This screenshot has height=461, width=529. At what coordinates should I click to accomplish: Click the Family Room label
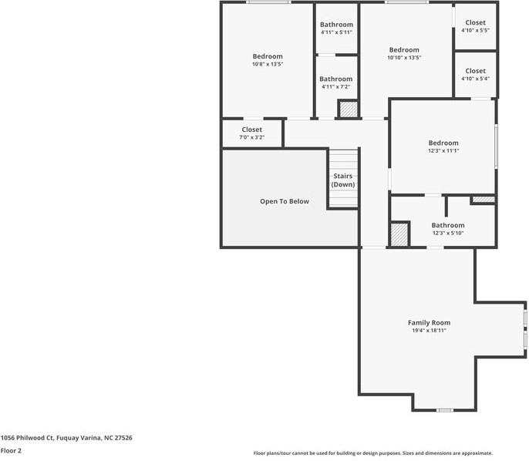(429, 323)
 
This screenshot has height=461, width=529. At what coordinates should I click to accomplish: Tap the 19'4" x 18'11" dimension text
(429, 331)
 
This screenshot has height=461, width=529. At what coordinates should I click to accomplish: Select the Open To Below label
(285, 201)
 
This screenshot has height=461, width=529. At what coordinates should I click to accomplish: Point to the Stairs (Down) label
(343, 180)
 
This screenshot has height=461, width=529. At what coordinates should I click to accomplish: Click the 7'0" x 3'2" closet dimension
(251, 137)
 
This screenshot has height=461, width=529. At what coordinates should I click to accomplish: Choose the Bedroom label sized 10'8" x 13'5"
(268, 56)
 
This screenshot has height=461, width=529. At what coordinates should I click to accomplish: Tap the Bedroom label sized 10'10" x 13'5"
(404, 50)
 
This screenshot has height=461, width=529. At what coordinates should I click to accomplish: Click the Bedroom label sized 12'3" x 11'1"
(443, 143)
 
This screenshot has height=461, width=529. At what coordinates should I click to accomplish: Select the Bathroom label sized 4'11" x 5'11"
(336, 25)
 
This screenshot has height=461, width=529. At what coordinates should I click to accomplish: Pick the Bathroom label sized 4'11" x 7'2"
(336, 79)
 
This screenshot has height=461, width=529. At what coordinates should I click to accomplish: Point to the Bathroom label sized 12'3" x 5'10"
(448, 225)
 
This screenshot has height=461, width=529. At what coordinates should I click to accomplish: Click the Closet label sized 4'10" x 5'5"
(475, 22)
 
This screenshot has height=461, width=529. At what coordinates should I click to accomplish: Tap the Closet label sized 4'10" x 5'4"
(475, 71)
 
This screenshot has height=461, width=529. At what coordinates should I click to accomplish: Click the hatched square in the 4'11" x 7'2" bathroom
(348, 109)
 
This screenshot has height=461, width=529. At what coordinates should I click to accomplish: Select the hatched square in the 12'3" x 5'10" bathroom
(399, 234)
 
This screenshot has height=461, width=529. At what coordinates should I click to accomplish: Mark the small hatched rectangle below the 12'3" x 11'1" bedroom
(484, 200)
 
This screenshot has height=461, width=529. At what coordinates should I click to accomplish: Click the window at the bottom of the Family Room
(445, 410)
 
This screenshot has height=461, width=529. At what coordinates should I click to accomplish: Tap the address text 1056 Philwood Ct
(27, 438)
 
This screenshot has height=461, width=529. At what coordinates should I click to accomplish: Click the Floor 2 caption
(11, 450)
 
